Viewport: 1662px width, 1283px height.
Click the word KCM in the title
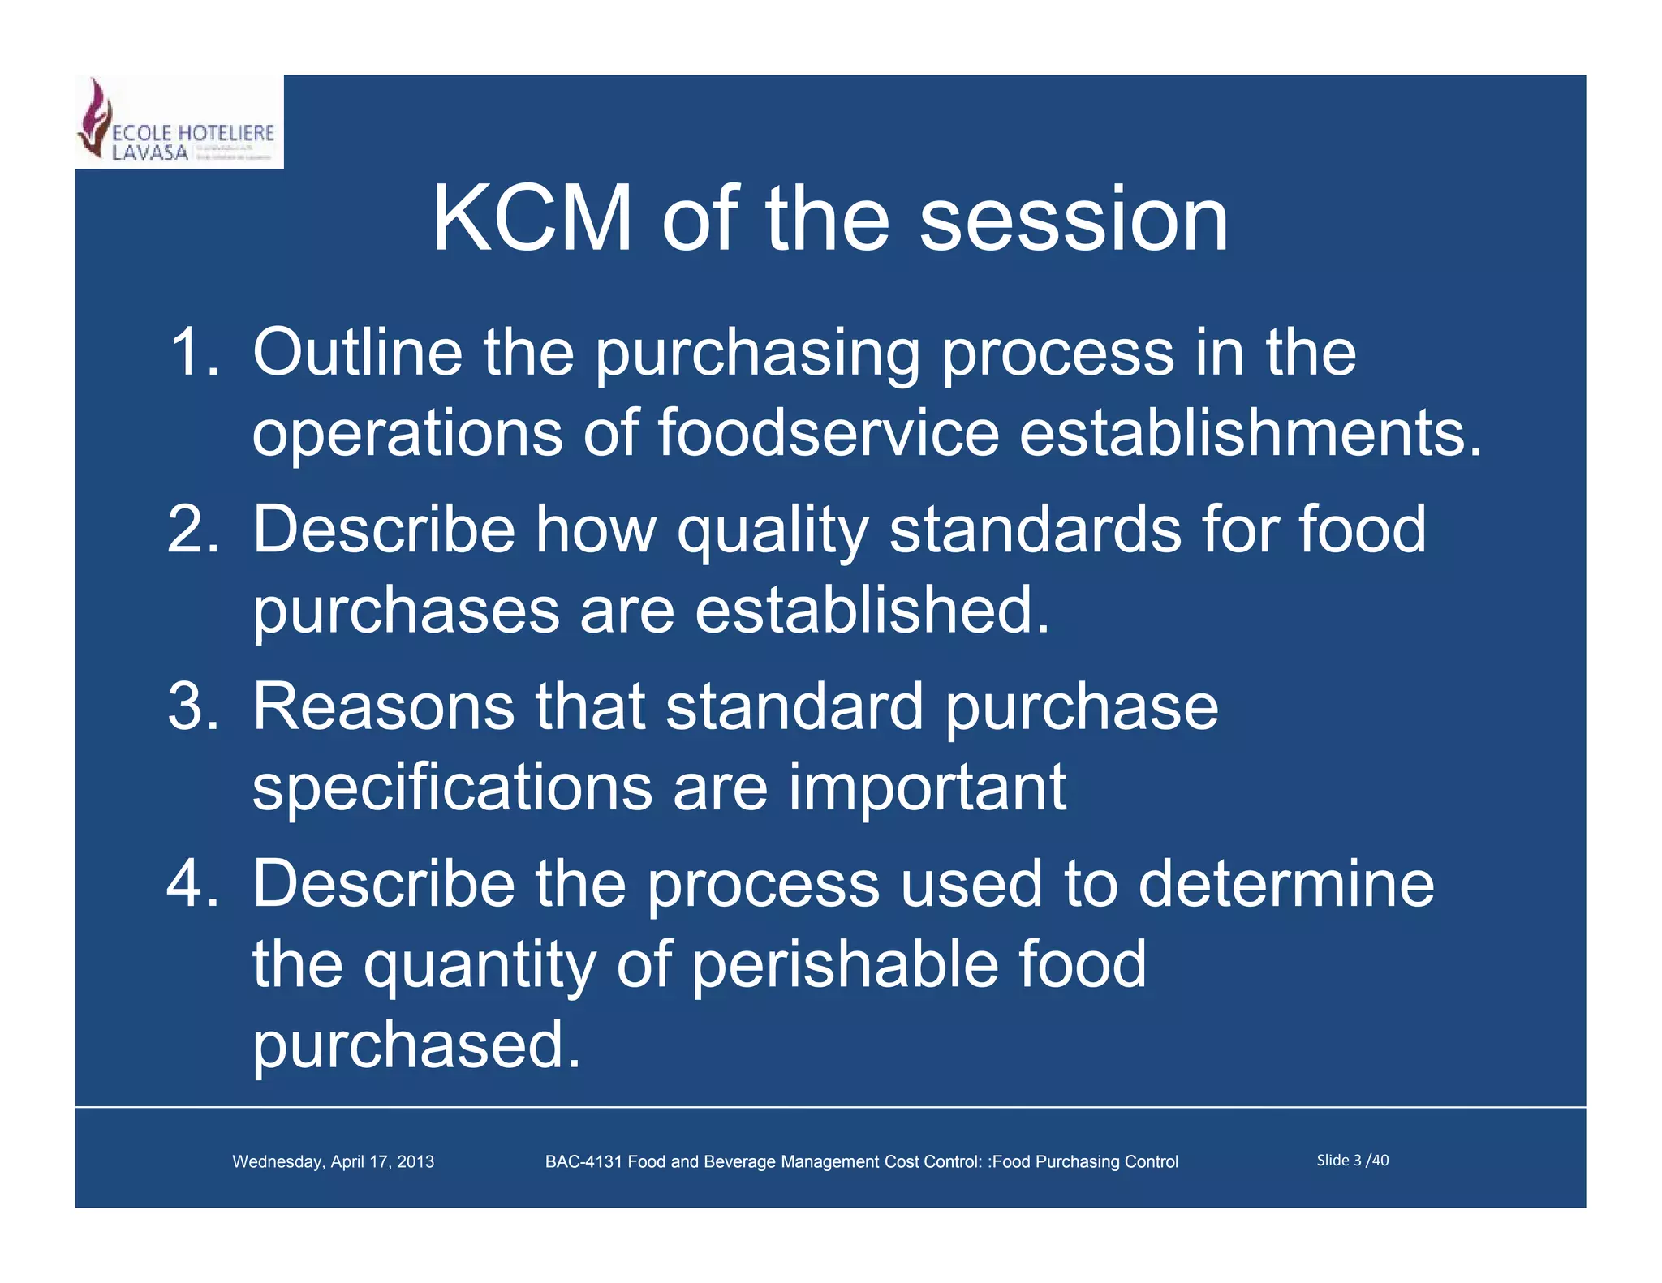click(x=532, y=219)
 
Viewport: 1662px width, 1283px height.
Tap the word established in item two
click(x=872, y=610)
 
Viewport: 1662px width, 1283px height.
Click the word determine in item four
click(x=1285, y=883)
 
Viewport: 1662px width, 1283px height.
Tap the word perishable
click(x=844, y=963)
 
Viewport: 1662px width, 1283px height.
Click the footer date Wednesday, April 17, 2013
click(x=333, y=1161)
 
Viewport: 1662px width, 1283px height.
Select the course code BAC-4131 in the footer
click(x=583, y=1161)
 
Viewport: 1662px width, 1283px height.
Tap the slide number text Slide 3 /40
click(x=1352, y=1161)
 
